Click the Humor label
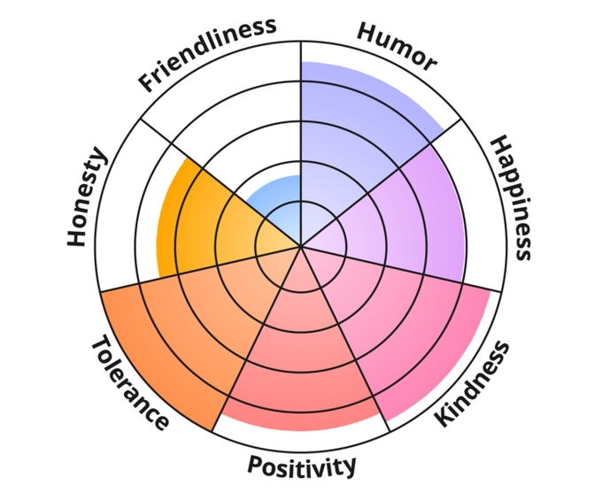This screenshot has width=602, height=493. click(x=396, y=45)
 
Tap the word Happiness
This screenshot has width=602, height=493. click(x=512, y=196)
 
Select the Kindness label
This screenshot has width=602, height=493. click(x=473, y=382)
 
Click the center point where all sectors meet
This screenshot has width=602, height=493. click(x=301, y=246)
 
